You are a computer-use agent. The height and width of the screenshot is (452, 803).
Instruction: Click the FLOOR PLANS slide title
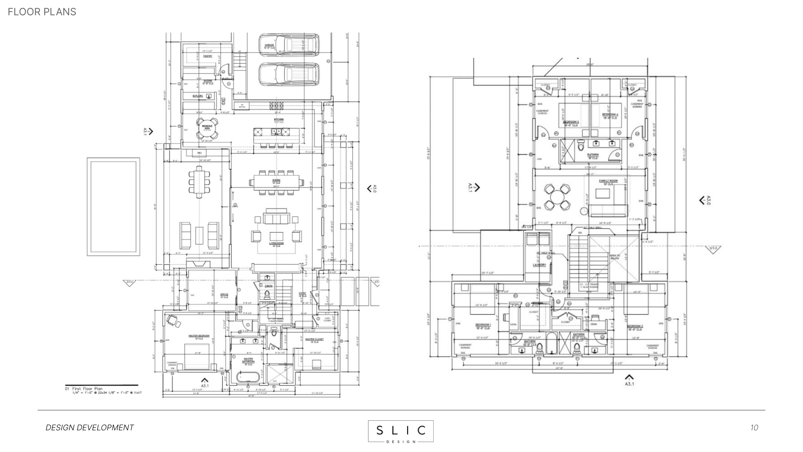tap(42, 12)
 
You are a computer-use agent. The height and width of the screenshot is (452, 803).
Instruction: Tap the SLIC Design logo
tap(400, 431)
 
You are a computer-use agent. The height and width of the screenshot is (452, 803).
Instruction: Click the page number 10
tap(754, 427)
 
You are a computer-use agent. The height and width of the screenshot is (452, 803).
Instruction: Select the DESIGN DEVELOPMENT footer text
tap(90, 427)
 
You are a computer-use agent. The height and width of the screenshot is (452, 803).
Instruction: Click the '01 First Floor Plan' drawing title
tap(88, 389)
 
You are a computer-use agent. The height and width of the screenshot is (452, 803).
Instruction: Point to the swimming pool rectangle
tap(114, 207)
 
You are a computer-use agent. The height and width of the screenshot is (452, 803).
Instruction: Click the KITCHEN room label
tap(279, 119)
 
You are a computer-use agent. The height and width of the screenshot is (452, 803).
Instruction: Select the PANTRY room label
tap(208, 56)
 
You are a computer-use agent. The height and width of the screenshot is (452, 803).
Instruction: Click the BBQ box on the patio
tap(199, 153)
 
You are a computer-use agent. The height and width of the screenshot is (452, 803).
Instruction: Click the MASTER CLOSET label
tap(314, 340)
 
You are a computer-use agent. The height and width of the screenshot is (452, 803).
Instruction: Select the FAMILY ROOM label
tap(608, 181)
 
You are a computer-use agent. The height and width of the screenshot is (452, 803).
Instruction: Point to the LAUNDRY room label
tap(539, 265)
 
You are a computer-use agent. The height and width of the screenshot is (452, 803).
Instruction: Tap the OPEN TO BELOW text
tap(614, 257)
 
